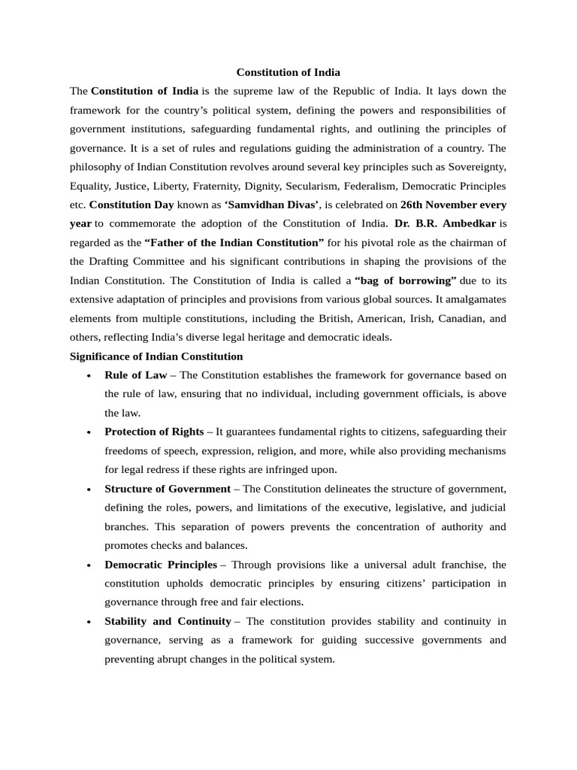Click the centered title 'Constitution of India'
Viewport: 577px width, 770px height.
tap(288, 73)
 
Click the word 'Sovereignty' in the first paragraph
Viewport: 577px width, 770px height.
tap(475, 167)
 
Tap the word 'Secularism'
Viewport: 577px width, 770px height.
tap(361, 186)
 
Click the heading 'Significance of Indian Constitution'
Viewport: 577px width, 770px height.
tap(156, 356)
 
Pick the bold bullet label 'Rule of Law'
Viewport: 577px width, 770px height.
tap(136, 375)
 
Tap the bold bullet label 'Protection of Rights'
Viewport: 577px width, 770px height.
tap(154, 432)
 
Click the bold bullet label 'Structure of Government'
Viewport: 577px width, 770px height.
tap(168, 489)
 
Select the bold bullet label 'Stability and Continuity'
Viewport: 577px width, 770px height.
tap(168, 621)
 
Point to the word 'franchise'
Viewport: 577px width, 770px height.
tap(446, 565)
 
